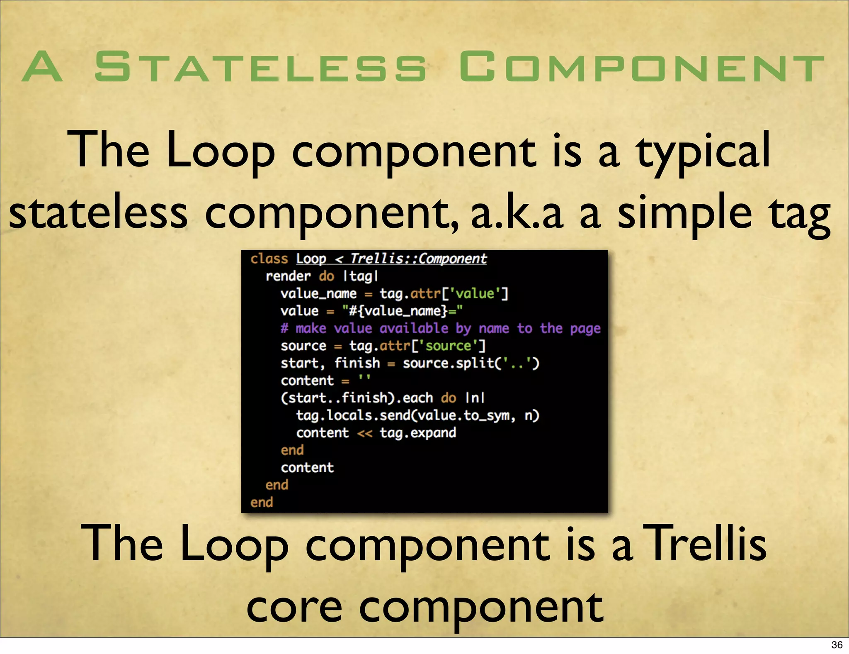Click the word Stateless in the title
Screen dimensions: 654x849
[x=260, y=66]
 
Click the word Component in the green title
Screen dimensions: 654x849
[x=641, y=66]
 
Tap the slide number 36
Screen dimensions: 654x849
[x=837, y=644]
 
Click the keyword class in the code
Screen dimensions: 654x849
[x=269, y=259]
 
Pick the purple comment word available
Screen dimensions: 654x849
[x=414, y=328]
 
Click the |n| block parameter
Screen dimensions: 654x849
[x=475, y=398]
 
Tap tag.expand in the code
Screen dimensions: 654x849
[x=418, y=433]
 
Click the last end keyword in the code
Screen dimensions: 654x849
[x=262, y=503]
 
